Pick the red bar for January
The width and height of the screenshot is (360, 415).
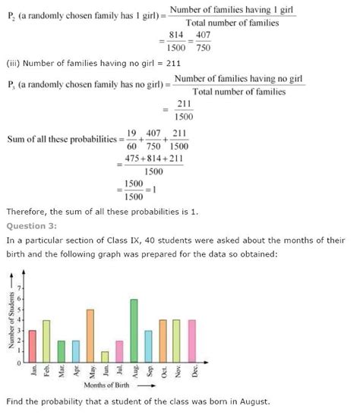(32, 345)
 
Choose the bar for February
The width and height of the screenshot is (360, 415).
(46, 340)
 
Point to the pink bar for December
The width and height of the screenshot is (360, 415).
(192, 340)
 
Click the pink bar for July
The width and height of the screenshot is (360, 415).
(119, 351)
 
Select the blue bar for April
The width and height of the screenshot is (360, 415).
(75, 351)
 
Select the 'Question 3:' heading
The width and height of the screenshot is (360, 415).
(27, 225)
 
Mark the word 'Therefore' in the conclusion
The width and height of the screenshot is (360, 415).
(27, 211)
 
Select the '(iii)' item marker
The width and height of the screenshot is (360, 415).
(14, 63)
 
